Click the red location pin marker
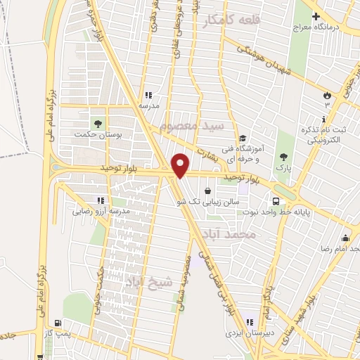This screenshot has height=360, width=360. [x=181, y=165]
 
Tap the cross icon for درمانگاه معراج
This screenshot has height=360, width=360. [x=316, y=15]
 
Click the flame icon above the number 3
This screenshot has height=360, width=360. [x=326, y=95]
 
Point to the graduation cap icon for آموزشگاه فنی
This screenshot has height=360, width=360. [x=243, y=139]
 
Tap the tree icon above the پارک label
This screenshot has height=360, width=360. [x=283, y=156]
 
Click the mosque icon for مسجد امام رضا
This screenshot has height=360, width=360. [x=345, y=237]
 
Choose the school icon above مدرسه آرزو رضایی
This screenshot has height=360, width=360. [x=103, y=200]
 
